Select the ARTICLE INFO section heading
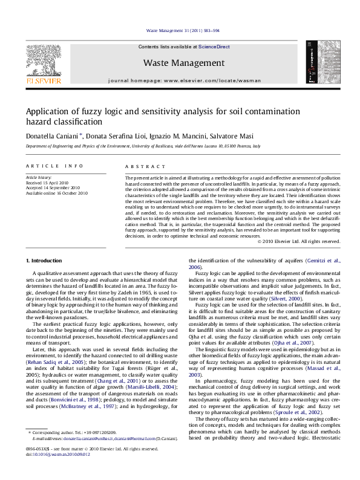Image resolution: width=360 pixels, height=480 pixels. click(x=46, y=166)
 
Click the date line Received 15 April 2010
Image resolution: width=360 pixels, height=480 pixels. click(x=46, y=183)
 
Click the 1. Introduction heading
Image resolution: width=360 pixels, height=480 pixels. click(x=46, y=261)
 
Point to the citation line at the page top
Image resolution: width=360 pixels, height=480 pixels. click(x=180, y=31)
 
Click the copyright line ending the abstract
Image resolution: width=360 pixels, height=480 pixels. click(x=299, y=241)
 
